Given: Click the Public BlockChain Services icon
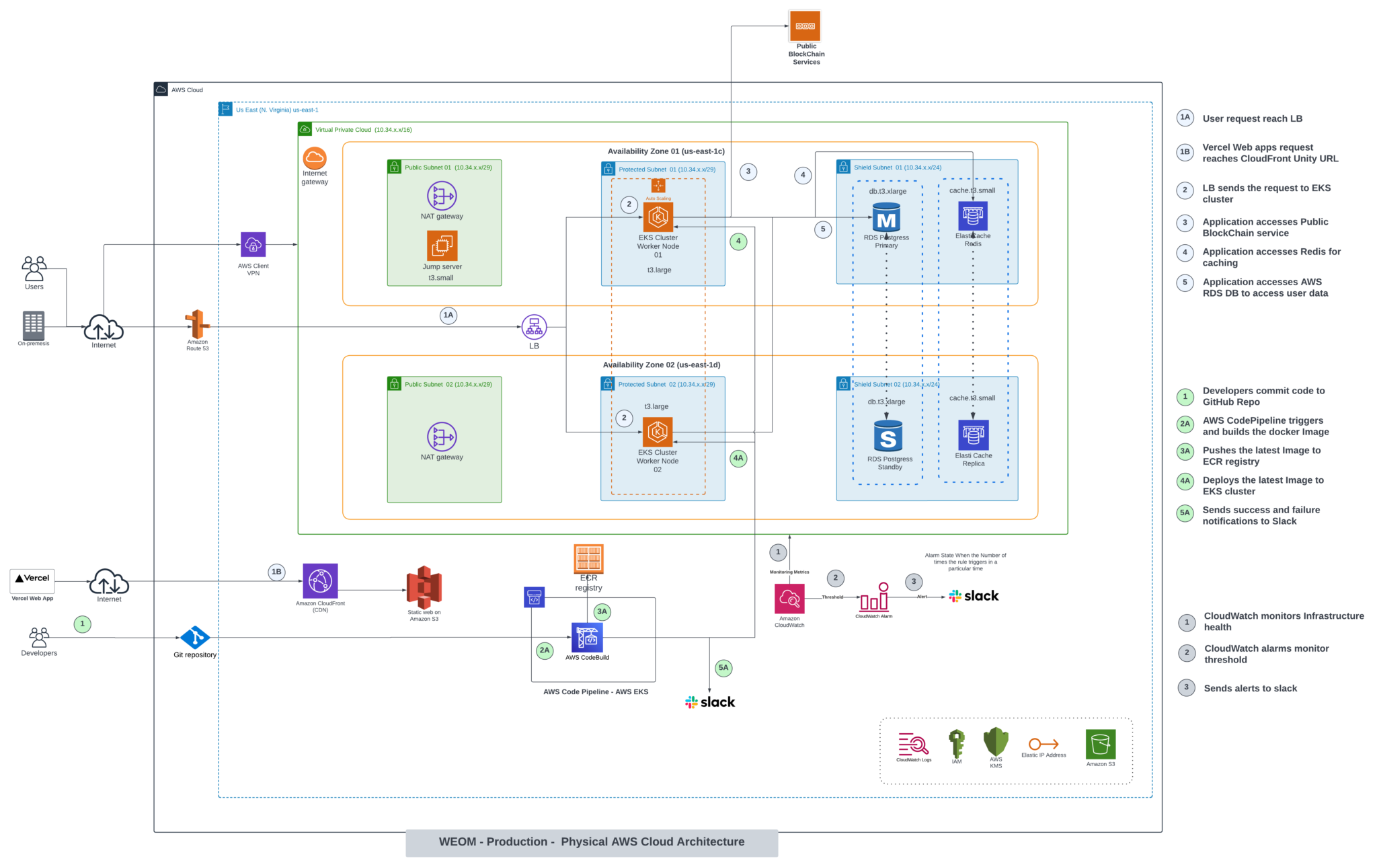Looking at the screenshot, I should coord(805,26).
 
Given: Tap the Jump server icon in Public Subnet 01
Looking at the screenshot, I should coord(442,246).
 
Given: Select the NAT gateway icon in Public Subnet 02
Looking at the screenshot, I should coord(442,437).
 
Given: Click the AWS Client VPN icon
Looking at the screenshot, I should coord(253,245).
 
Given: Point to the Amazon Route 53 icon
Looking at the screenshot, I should coord(197,324).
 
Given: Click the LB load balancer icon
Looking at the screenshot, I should coord(534,328).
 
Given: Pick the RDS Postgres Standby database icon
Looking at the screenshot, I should coord(888,437).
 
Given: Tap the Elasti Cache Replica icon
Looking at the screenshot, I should coord(973,435).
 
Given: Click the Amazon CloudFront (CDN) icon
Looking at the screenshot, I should coord(320,581).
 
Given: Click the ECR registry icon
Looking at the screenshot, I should coord(588,558).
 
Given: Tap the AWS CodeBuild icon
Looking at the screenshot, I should coord(587,638).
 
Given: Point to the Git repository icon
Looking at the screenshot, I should coord(195,637).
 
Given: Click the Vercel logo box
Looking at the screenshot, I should coord(32,579).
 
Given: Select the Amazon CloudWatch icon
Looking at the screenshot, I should coord(789,599).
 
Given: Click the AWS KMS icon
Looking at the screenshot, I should coord(996,742).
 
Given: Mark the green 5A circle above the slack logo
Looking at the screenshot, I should coord(723,668).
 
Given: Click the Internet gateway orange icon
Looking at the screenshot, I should coord(315,158).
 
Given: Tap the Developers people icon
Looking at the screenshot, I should coord(39,637).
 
